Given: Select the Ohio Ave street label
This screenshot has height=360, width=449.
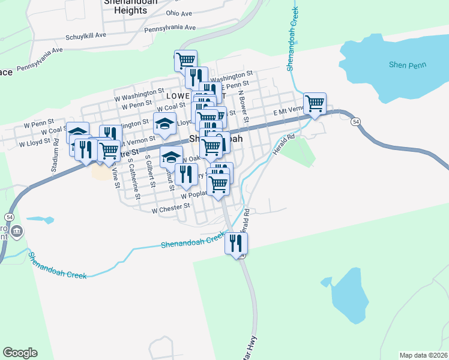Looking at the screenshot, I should tap(179, 13).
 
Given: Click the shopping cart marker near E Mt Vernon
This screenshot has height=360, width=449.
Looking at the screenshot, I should tap(315, 104).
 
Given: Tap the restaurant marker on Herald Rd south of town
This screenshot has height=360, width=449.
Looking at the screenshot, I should tap(237, 244).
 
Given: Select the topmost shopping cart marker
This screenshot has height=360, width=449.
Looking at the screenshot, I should tap(186, 61).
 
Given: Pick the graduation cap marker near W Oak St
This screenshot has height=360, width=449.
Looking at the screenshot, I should tap(171, 158).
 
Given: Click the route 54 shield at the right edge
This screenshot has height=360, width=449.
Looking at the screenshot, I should tap(357, 122).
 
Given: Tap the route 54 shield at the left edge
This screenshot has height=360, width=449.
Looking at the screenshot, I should tap(10, 216).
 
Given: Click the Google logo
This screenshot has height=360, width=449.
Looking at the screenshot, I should tap(20, 352).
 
